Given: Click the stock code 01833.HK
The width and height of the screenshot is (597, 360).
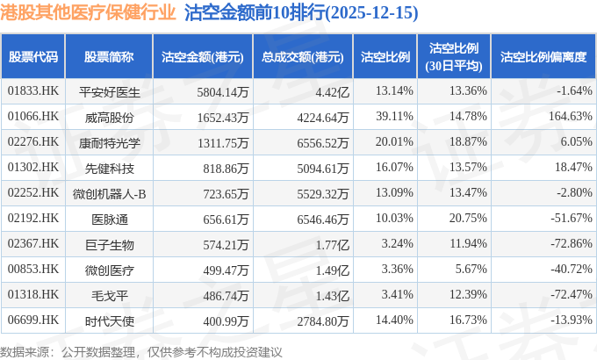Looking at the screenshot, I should [x=33, y=90].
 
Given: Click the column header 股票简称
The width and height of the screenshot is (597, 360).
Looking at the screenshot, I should [x=109, y=57].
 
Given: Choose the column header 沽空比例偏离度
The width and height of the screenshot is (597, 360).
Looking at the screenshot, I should [x=543, y=57].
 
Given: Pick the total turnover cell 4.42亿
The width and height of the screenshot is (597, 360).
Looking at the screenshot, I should [x=332, y=90].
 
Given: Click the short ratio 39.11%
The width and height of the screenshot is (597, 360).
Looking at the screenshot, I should [x=393, y=116].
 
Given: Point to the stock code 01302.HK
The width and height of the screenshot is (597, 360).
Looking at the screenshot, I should [x=33, y=167].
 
